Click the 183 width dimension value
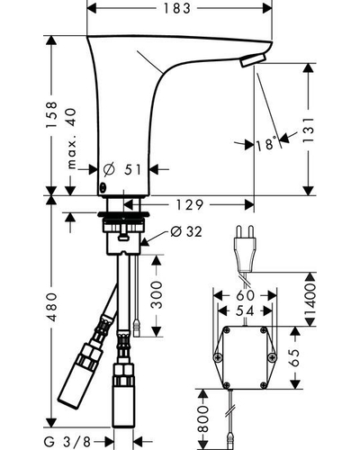coord(177,9)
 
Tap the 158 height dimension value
coord(51,115)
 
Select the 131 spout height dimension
coord(309,130)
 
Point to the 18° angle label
coord(266,144)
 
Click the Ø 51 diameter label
coord(122,170)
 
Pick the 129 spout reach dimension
coord(190,205)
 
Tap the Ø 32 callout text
coord(186,231)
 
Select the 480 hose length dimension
coord(52,307)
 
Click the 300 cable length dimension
coord(157,295)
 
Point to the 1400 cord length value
coord(310,299)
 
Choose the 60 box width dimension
coord(245,295)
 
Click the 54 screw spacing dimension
coord(245,310)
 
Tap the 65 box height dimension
coord(295,357)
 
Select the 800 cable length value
coord(203,419)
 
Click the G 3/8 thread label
coord(67,442)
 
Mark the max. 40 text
coord(71,139)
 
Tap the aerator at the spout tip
coord(254,60)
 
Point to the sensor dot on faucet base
coord(103,187)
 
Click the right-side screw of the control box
coord(272,357)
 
